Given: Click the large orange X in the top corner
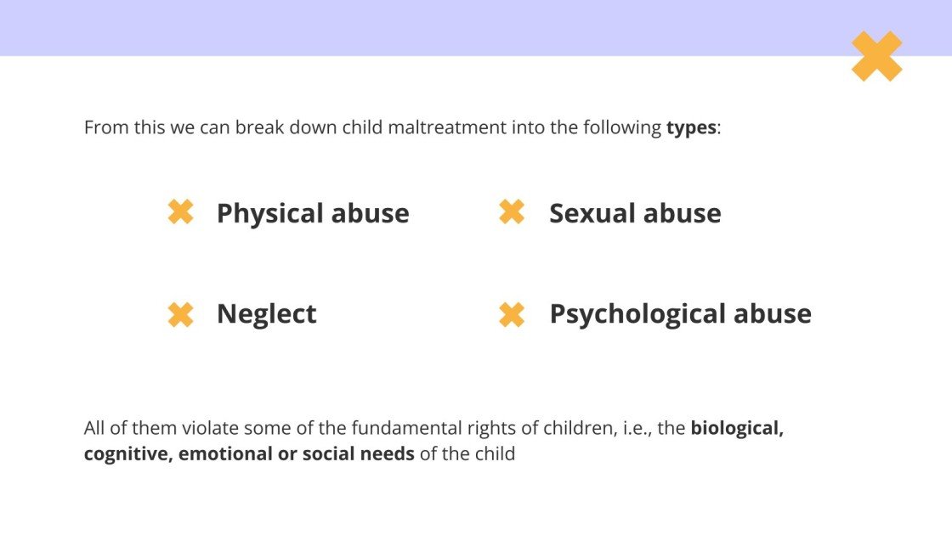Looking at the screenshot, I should coord(876,56).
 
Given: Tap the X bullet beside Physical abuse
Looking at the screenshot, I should coord(181,212).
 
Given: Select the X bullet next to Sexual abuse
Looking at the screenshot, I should coord(512,212).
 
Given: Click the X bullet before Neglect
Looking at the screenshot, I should coord(181,314).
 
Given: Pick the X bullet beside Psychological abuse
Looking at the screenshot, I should coord(512,314).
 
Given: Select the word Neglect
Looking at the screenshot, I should coord(266,314).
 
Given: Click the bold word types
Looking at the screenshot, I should coord(691,128).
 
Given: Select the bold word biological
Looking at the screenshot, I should coord(736,428).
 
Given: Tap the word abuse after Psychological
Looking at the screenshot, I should coord(773,314).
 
